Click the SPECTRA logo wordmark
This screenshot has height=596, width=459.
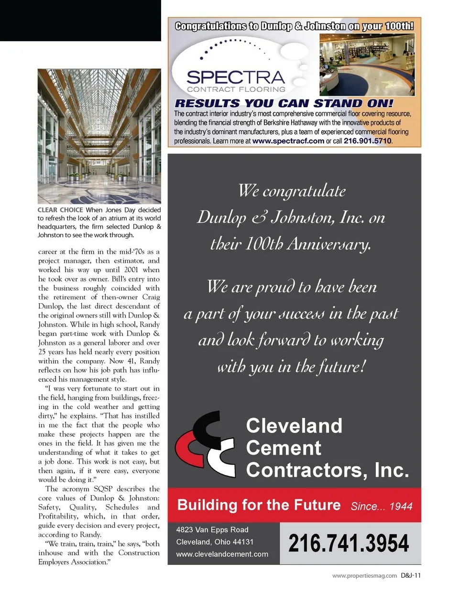pyautogui.click(x=235, y=77)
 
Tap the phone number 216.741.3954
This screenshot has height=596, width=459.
pyautogui.click(x=349, y=544)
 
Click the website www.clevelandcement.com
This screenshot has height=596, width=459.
pyautogui.click(x=222, y=554)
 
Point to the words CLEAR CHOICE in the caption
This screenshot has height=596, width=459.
pyautogui.click(x=60, y=210)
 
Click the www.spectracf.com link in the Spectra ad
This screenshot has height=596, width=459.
pyautogui.click(x=288, y=141)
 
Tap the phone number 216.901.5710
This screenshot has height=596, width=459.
pyautogui.click(x=367, y=141)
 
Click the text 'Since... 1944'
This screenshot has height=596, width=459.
pyautogui.click(x=381, y=507)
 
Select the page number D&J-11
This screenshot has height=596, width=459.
pyautogui.click(x=411, y=575)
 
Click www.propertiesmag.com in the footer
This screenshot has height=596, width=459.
pyautogui.click(x=364, y=576)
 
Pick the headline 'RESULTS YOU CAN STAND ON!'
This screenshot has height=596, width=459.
pyautogui.click(x=284, y=103)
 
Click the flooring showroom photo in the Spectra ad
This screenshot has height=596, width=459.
pyautogui.click(x=367, y=65)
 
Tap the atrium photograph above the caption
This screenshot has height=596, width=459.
pyautogui.click(x=99, y=136)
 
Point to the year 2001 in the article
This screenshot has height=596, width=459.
pyautogui.click(x=131, y=270)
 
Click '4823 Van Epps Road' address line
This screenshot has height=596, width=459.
pyautogui.click(x=212, y=530)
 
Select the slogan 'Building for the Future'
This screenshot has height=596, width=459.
pyautogui.click(x=259, y=505)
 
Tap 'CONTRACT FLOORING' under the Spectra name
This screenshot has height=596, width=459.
pyautogui.click(x=236, y=89)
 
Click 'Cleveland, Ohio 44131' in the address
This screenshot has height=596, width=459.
pyautogui.click(x=215, y=542)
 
